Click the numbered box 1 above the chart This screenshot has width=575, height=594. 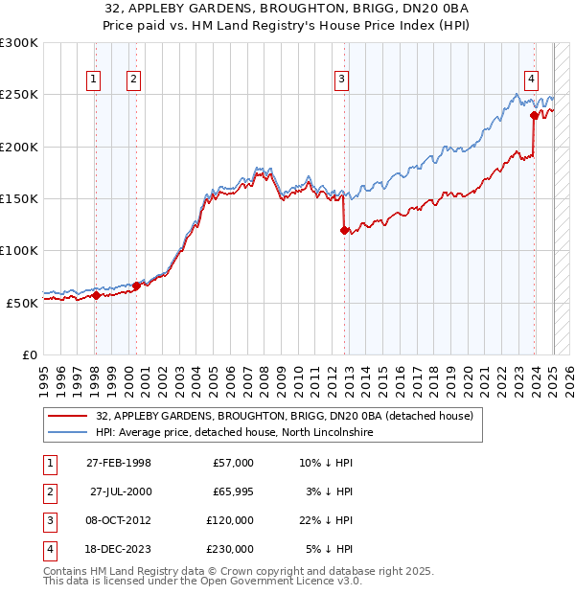(95, 80)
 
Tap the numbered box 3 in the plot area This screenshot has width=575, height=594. (342, 80)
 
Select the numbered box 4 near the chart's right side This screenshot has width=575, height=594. (531, 80)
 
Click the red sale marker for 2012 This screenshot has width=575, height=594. (344, 230)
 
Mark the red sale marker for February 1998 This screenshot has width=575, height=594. (96, 295)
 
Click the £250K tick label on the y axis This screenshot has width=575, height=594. (19, 95)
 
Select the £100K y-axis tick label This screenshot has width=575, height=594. (19, 250)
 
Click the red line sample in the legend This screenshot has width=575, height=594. (67, 417)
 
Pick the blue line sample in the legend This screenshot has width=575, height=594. (67, 433)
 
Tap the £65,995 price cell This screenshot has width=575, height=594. (230, 491)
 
